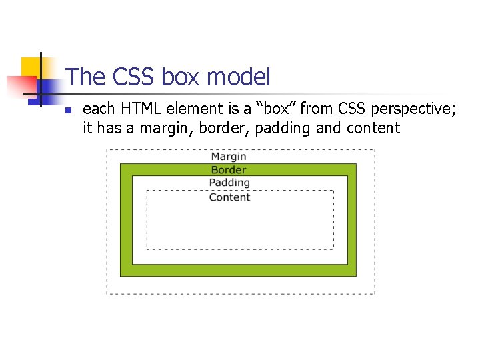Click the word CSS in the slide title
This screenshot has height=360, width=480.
pyautogui.click(x=133, y=77)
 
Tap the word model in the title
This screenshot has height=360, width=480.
pyautogui.click(x=238, y=77)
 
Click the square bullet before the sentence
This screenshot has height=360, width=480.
pyautogui.click(x=68, y=110)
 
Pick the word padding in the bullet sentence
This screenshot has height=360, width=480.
pyautogui.click(x=283, y=128)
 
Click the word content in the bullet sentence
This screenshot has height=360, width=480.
pyautogui.click(x=373, y=127)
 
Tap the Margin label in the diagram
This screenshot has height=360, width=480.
pyautogui.click(x=229, y=157)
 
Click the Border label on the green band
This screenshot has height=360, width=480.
pyautogui.click(x=229, y=170)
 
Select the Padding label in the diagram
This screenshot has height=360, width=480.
pyautogui.click(x=229, y=183)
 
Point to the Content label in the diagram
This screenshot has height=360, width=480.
pyautogui.click(x=229, y=197)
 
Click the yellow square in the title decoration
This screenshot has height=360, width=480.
pyautogui.click(x=29, y=66)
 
